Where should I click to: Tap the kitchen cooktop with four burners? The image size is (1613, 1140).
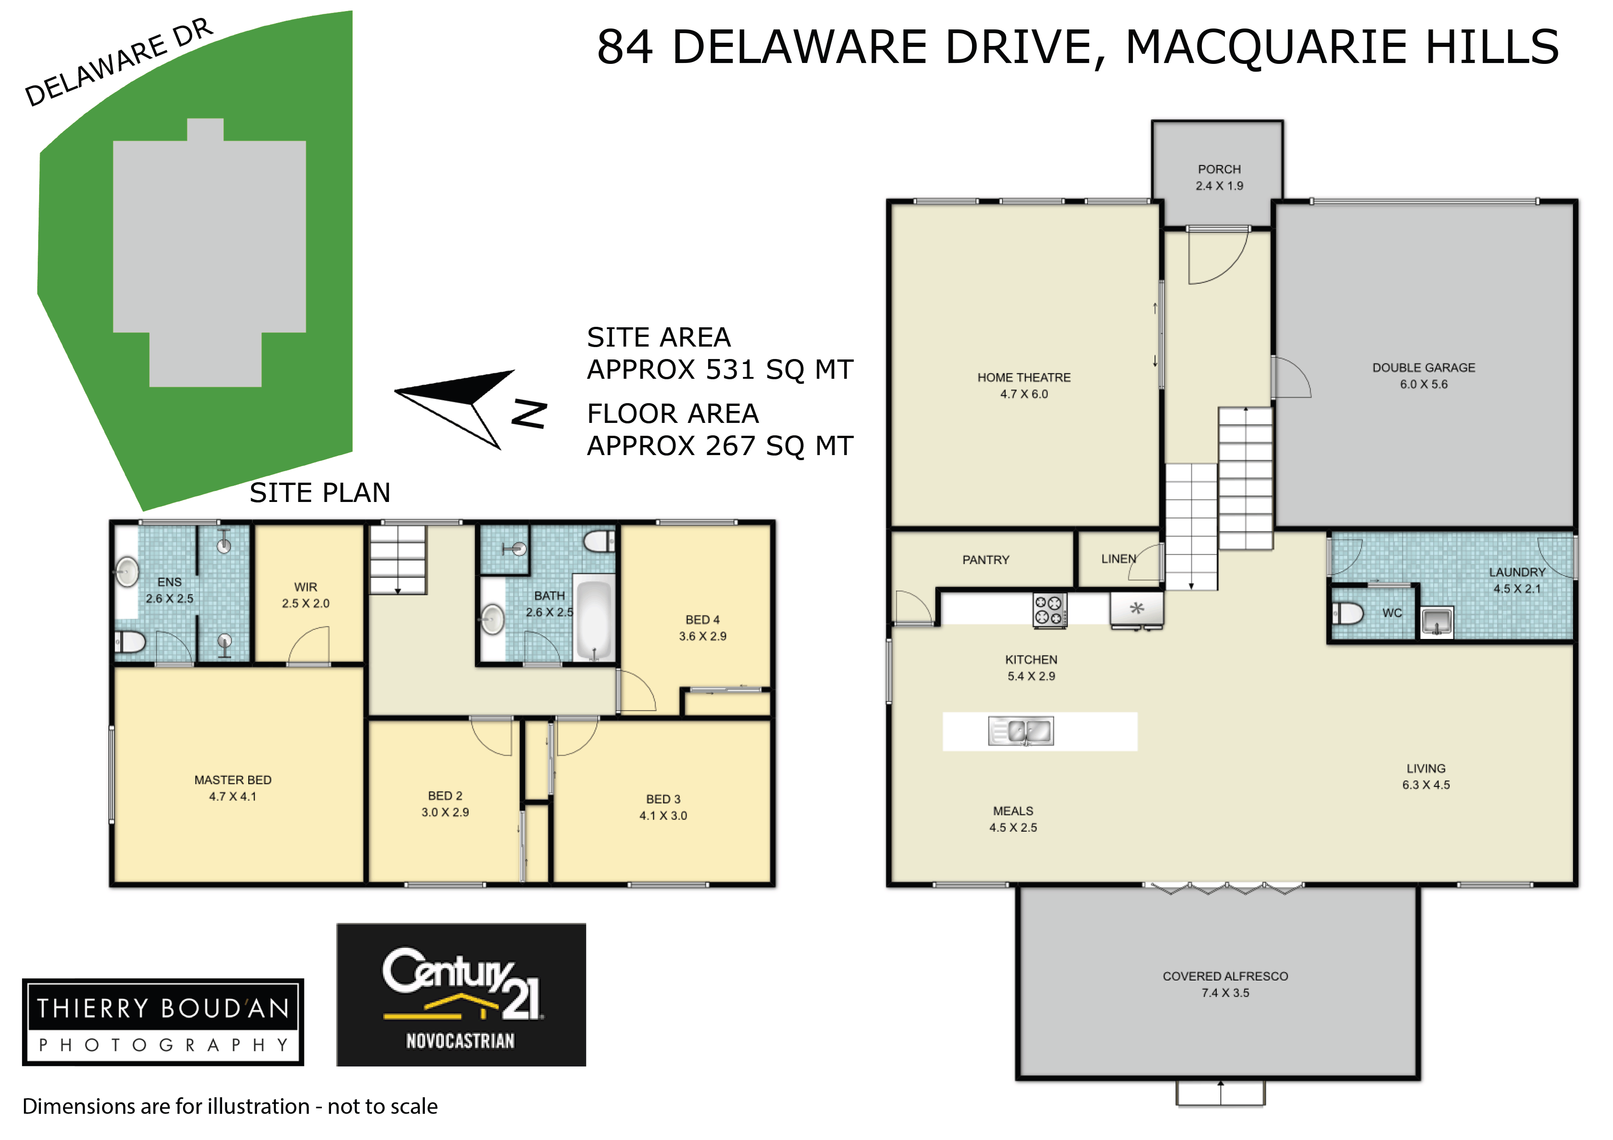click(1050, 610)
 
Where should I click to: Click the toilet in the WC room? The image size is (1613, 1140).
click(1347, 613)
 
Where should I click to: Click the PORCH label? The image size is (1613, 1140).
click(1219, 169)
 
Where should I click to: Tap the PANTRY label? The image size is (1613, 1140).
click(986, 560)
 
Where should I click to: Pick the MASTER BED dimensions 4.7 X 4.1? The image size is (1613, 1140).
click(233, 797)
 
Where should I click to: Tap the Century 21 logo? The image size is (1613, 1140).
click(461, 995)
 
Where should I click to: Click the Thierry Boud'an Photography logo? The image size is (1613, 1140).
click(163, 1022)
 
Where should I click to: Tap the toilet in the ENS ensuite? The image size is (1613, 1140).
click(130, 641)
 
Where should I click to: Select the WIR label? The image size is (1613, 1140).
click(306, 587)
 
